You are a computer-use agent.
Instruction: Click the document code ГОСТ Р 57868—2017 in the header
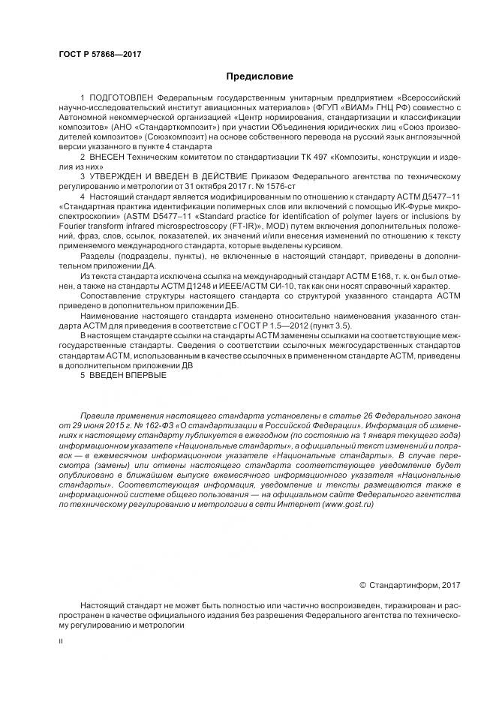100,54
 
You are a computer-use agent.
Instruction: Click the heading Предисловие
260,76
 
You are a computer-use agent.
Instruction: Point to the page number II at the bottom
62,641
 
